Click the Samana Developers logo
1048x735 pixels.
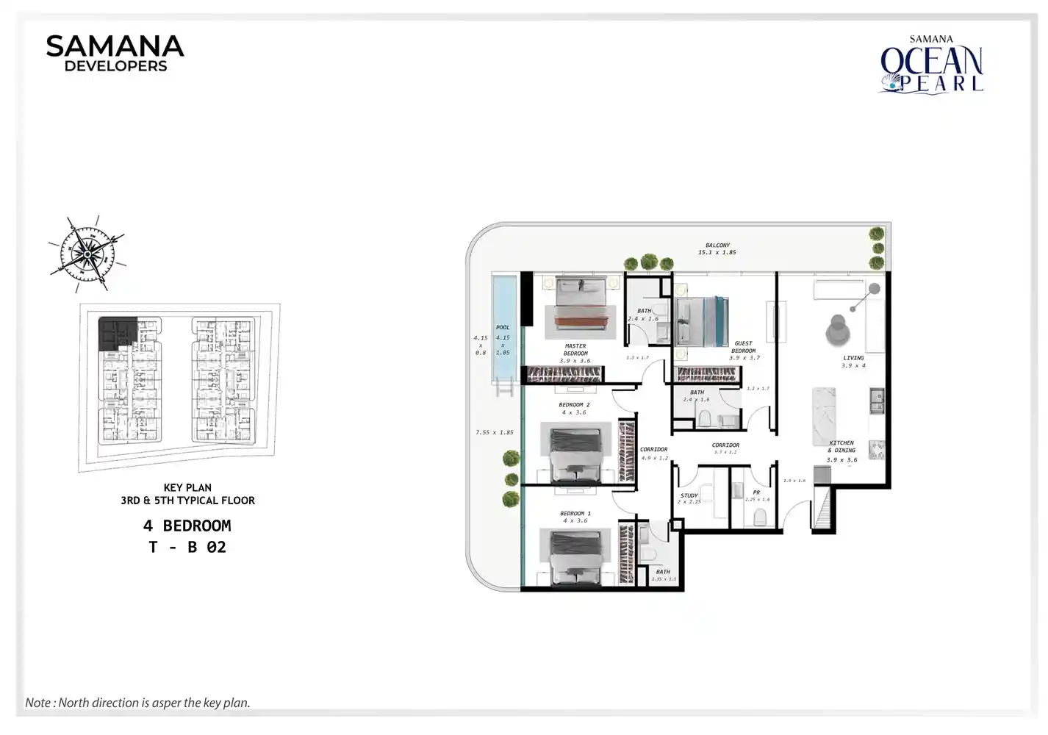point(115,54)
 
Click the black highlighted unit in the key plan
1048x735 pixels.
point(116,332)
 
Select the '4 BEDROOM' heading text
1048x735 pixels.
point(187,526)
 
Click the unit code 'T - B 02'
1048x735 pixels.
point(187,548)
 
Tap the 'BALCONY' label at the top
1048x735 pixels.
point(717,245)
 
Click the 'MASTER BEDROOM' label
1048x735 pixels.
point(575,349)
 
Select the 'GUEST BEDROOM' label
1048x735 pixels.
point(743,347)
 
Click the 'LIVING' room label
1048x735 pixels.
point(853,358)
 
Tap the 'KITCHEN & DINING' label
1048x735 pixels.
point(841,447)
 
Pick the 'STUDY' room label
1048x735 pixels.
point(689,495)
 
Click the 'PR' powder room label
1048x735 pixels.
point(756,492)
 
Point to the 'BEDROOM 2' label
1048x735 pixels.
point(574,405)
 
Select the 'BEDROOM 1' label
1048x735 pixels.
point(575,514)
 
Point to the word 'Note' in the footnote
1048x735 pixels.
point(38,703)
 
